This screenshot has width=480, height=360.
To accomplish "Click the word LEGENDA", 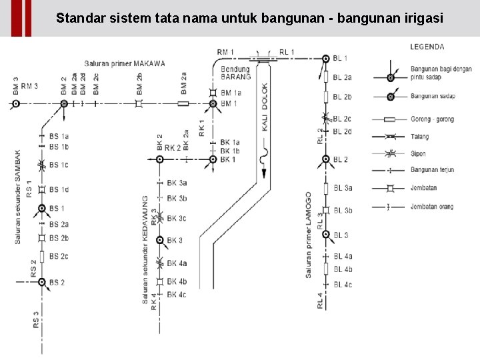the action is tap(427, 47).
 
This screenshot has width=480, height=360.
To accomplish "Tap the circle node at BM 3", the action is tap(16, 103).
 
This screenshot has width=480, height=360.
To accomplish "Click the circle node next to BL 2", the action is tap(326, 159).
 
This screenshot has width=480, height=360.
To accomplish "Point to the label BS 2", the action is tap(57, 283).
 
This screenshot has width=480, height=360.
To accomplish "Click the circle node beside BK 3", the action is tap(159, 240).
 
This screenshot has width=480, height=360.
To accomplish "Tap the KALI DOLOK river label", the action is tap(265, 107).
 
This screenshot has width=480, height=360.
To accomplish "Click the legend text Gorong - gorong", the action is tap(432, 119).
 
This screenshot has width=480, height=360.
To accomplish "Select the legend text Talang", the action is tap(419, 137).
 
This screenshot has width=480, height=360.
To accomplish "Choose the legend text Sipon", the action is tap(418, 153).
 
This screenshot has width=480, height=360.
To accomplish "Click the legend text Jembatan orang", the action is tap(431, 207).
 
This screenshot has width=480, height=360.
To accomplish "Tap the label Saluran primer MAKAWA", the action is tap(125, 64).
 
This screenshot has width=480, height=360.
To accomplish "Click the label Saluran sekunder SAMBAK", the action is tap(18, 196).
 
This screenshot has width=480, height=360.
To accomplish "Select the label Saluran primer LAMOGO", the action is tap(308, 235).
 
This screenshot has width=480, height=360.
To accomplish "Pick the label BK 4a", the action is tap(177, 264).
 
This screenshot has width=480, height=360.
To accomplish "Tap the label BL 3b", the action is tap(343, 210).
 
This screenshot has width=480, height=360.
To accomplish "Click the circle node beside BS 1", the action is tap(42, 209).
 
